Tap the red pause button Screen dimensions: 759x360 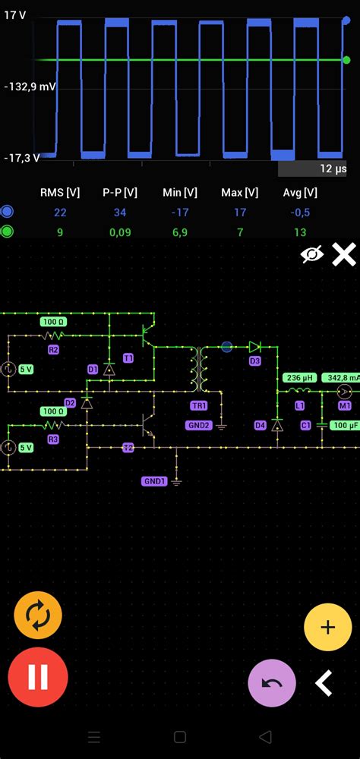pyautogui.click(x=38, y=677)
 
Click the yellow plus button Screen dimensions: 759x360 pyautogui.click(x=327, y=627)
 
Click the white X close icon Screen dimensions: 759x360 pyautogui.click(x=344, y=255)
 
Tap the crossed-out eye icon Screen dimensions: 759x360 pyautogui.click(x=311, y=255)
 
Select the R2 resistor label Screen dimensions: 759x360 pyautogui.click(x=53, y=350)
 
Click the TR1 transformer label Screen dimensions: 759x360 pyautogui.click(x=199, y=405)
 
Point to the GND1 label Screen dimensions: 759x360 pyautogui.click(x=154, y=481)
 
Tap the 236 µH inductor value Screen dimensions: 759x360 pyautogui.click(x=298, y=377)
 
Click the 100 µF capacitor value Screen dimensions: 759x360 pyautogui.click(x=345, y=426)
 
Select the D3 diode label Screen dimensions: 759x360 pyautogui.click(x=255, y=361)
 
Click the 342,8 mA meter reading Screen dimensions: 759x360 pyautogui.click(x=340, y=377)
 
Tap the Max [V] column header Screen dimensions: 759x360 pyautogui.click(x=239, y=193)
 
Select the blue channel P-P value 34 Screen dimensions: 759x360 pyautogui.click(x=120, y=213)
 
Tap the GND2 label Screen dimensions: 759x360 pyautogui.click(x=198, y=425)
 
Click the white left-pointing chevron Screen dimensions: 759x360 pyautogui.click(x=324, y=683)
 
